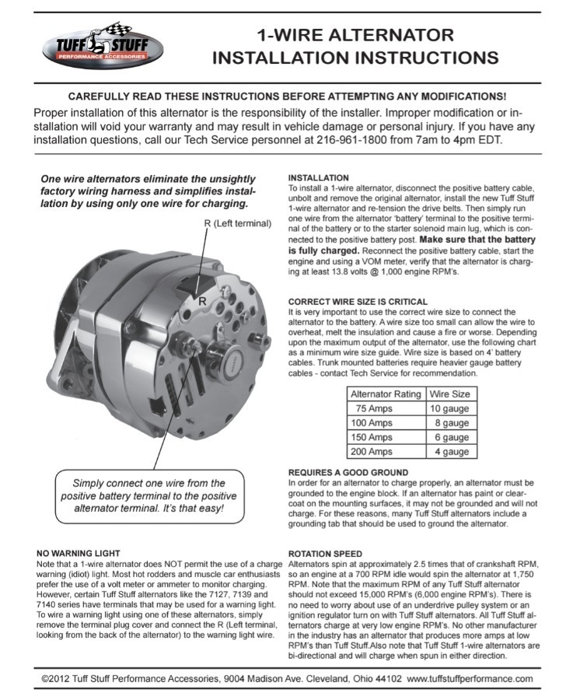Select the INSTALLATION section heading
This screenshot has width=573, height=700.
(x=318, y=178)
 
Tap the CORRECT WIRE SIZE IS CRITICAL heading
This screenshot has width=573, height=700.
(x=357, y=301)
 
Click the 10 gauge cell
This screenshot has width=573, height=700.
(x=452, y=408)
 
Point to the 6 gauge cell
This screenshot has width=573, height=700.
(x=452, y=437)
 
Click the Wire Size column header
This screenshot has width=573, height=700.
(x=450, y=394)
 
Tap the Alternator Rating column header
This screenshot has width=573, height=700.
(x=386, y=394)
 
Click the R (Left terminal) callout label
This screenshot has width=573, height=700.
(x=238, y=223)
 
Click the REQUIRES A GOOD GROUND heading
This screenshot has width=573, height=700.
(x=348, y=472)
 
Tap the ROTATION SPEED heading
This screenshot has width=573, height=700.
(x=325, y=553)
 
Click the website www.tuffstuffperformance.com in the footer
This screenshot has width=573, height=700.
(x=470, y=679)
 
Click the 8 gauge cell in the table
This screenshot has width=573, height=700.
(x=452, y=423)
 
